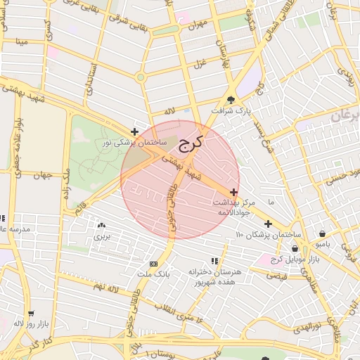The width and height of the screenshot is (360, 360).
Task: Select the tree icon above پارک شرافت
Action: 233,99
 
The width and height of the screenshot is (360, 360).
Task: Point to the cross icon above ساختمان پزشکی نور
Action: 134,131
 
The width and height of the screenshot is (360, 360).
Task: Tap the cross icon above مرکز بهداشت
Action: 233,192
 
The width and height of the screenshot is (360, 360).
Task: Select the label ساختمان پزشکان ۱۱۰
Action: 269,234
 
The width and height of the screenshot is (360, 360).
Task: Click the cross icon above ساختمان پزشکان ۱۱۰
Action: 268,224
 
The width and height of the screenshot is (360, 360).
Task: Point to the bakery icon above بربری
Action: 102,226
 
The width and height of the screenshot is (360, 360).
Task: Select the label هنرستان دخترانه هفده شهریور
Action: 214,276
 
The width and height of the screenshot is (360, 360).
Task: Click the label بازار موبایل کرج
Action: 295,260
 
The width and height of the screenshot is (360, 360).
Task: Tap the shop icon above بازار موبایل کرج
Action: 295,249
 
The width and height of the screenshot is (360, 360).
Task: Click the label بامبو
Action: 322,244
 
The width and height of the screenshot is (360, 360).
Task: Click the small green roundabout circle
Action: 141,77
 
